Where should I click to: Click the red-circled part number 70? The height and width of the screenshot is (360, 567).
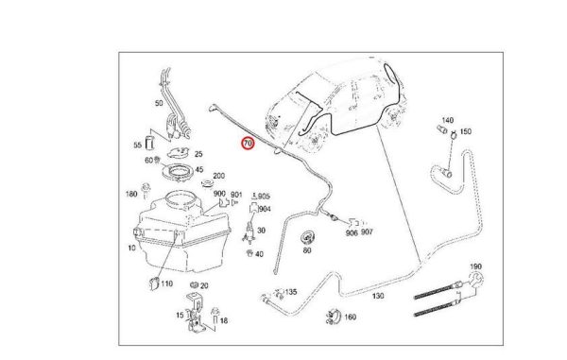[x=248, y=144]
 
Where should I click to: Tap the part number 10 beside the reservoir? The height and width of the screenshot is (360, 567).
[x=131, y=248]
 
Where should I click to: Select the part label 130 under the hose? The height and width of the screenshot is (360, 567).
[x=377, y=296]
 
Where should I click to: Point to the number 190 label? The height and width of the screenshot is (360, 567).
[x=475, y=266]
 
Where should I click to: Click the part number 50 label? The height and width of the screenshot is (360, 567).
[x=159, y=103]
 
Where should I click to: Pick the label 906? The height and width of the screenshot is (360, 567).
[x=352, y=233]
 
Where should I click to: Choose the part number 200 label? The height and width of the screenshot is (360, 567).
[x=219, y=176]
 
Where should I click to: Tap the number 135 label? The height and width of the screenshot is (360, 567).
[x=291, y=292]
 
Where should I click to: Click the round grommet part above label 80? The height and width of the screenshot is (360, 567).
[x=307, y=237]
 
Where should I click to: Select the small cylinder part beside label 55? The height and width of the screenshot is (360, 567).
[x=149, y=143]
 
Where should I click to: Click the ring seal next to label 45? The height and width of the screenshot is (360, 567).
[x=178, y=171]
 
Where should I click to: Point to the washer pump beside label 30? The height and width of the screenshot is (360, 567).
[x=249, y=231]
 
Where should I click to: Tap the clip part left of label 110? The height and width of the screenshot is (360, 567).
[x=154, y=283]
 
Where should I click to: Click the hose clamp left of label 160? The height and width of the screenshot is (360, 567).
[x=333, y=317]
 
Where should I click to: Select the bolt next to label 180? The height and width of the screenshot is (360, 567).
[x=146, y=191]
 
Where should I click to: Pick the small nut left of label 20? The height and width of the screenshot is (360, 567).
[x=194, y=284]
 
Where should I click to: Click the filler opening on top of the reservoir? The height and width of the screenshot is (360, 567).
[x=182, y=199]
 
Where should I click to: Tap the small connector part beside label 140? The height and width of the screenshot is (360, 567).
[x=440, y=129]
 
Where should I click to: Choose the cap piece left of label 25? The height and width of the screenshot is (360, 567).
[x=179, y=152]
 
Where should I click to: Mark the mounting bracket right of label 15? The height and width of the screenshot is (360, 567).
[x=196, y=312]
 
